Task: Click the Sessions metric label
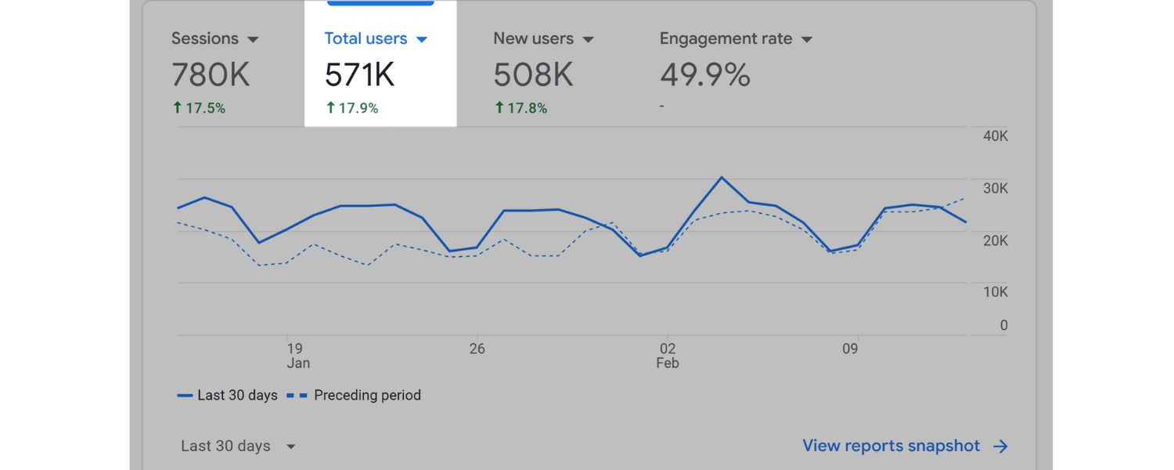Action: pos(205,38)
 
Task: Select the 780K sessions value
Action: pos(211,75)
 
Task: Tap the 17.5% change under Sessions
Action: pos(200,109)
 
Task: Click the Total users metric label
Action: pos(366,38)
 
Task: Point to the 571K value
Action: pos(360,75)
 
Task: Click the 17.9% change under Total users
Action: pos(352,109)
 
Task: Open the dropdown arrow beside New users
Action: pos(589,39)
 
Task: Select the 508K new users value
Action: pos(533,75)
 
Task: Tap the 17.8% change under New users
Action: pos(521,109)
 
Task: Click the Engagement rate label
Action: pos(726,38)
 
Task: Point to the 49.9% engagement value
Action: pos(705,75)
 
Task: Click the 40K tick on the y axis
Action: pos(995,136)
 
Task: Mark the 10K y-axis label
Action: pos(995,292)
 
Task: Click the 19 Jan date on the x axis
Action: pos(296,356)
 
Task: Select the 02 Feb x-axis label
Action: pos(668,356)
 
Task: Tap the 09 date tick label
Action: pos(850,349)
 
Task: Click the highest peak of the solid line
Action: pos(721,177)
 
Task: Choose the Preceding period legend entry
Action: pos(367,396)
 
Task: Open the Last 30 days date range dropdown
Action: pos(238,446)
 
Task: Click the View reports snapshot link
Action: pos(905,446)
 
